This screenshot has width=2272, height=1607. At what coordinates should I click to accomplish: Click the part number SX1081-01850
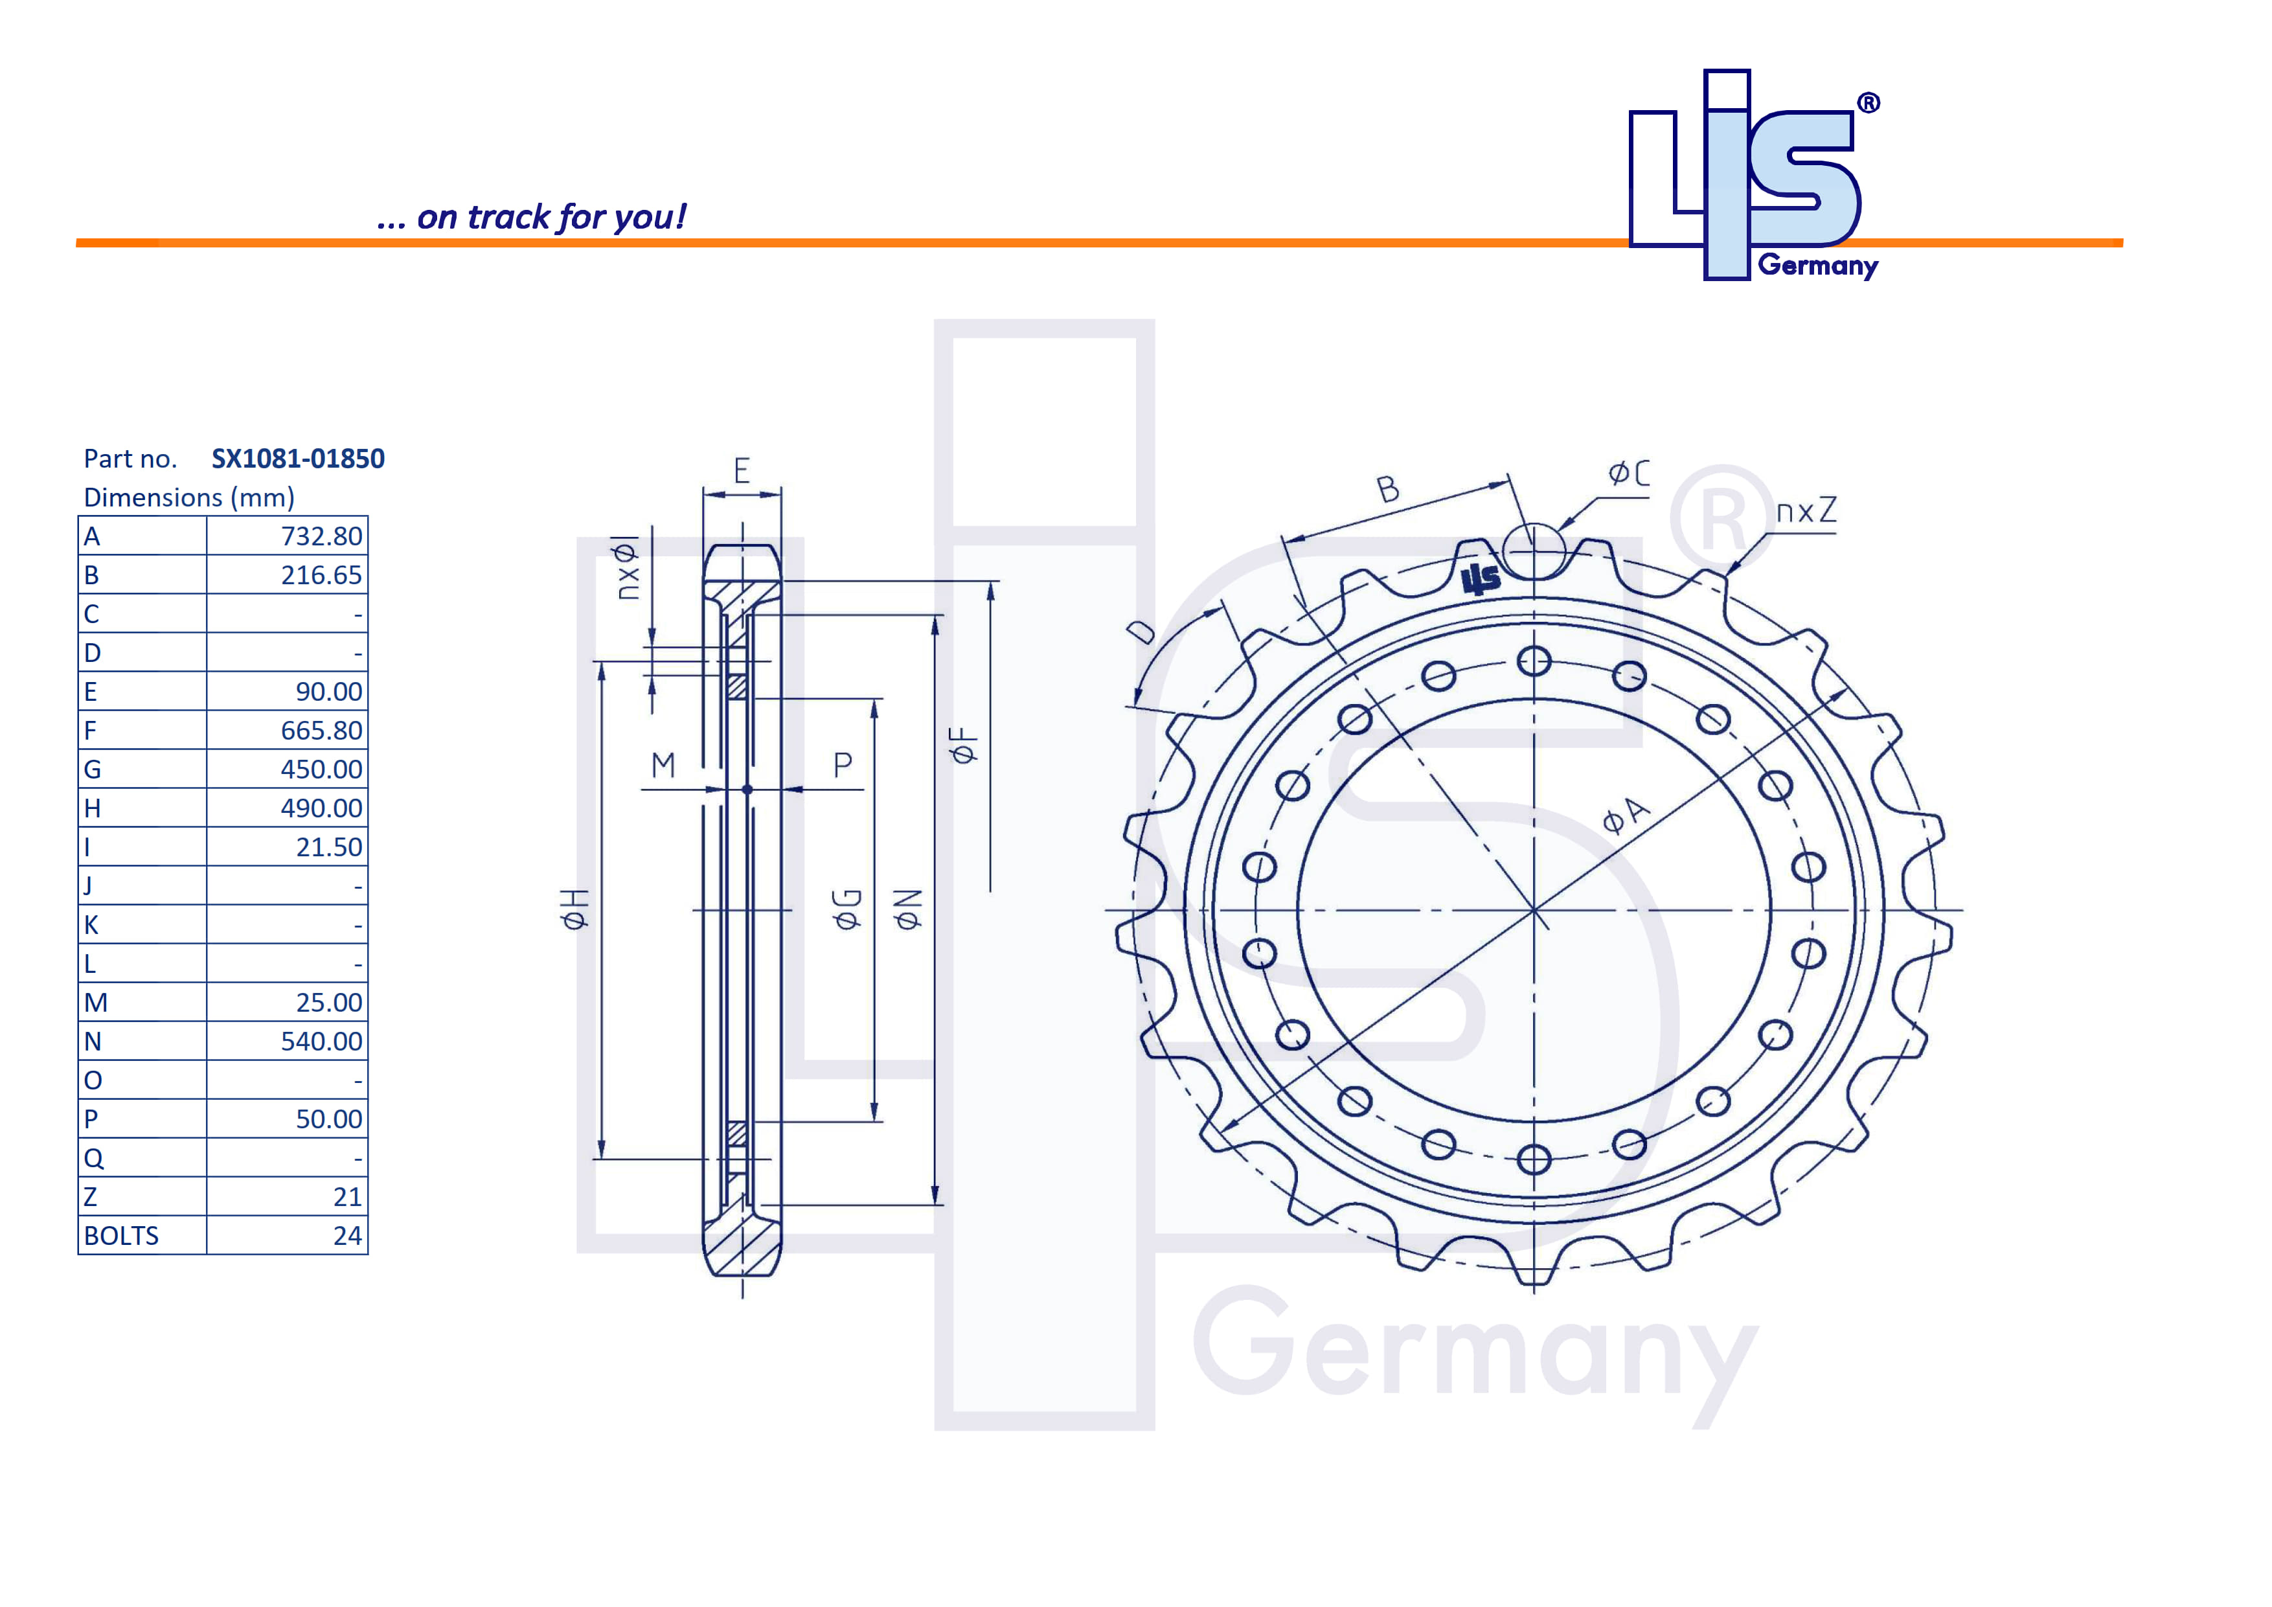click(298, 459)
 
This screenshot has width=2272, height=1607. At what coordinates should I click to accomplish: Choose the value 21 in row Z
click(346, 1198)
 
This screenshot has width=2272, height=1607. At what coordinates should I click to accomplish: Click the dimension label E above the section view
click(741, 470)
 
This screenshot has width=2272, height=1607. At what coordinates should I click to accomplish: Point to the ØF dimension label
click(963, 745)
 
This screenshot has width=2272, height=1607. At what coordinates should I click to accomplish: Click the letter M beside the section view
click(663, 765)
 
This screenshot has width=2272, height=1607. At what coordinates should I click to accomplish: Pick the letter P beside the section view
click(842, 765)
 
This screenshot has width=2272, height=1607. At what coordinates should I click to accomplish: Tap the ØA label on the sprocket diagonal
click(1626, 815)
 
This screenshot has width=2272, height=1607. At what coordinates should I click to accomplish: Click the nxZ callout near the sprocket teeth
click(1806, 512)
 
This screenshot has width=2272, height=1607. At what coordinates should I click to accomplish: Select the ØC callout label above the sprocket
click(1628, 473)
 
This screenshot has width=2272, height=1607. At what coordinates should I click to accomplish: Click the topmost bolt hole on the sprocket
click(1534, 661)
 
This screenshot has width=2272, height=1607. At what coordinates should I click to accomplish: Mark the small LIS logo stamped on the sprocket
click(1481, 580)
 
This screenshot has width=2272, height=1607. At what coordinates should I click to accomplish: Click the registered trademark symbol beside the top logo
click(1869, 103)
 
